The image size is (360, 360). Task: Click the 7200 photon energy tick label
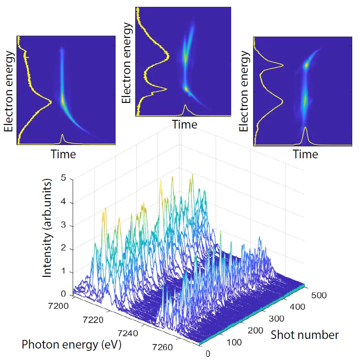point(58,305)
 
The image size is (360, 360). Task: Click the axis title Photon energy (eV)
point(72,344)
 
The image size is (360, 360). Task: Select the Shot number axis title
point(305,335)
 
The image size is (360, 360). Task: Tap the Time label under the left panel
point(63,154)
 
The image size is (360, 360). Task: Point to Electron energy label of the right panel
point(245,91)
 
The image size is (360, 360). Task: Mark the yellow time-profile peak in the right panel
point(306,129)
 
